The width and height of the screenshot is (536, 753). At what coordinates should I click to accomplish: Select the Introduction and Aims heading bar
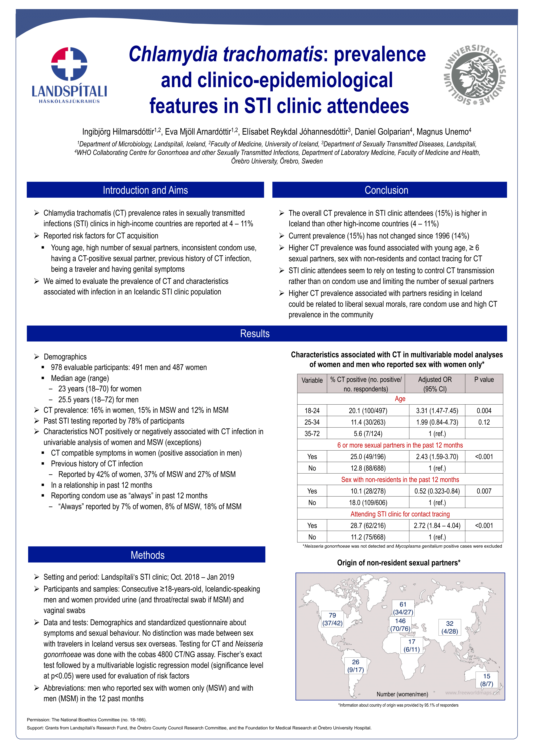click(x=145, y=190)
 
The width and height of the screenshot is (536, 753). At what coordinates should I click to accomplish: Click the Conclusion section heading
click(x=386, y=190)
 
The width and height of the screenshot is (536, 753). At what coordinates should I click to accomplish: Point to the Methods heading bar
click(x=147, y=555)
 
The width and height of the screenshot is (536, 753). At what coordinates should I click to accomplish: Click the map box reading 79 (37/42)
click(x=332, y=619)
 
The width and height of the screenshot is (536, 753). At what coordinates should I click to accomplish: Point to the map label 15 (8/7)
click(x=486, y=680)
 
